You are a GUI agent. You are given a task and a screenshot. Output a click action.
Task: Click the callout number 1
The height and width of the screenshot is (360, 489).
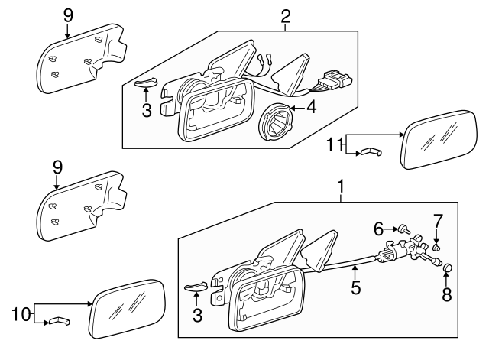tap(341, 186)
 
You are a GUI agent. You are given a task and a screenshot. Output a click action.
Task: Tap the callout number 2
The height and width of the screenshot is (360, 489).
tap(286, 15)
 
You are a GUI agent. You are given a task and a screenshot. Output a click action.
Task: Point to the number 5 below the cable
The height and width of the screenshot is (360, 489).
tap(355, 290)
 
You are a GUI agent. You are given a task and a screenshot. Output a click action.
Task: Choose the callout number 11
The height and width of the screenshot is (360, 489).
tap(333, 143)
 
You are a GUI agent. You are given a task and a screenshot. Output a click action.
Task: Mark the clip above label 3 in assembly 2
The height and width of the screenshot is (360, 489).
tap(144, 83)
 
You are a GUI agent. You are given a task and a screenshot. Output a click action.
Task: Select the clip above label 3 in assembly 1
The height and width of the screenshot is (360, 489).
tap(196, 287)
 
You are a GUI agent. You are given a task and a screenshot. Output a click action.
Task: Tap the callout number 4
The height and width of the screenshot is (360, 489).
tap(312, 108)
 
